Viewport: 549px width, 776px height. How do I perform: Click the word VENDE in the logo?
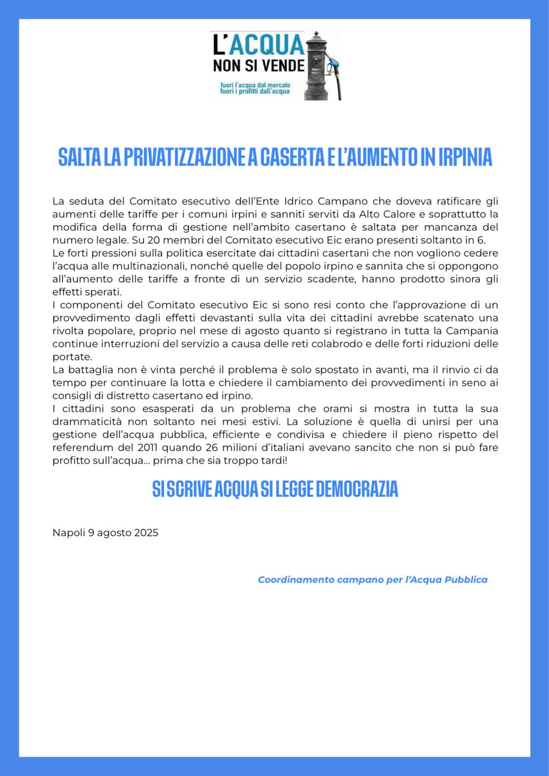284,66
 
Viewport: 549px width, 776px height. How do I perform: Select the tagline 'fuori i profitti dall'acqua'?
255,91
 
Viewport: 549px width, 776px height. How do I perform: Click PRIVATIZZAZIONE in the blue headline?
180,157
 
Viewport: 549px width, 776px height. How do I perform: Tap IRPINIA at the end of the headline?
465,157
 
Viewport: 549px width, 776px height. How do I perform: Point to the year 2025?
146,533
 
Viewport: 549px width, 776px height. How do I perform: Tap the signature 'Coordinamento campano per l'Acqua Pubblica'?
373,579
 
